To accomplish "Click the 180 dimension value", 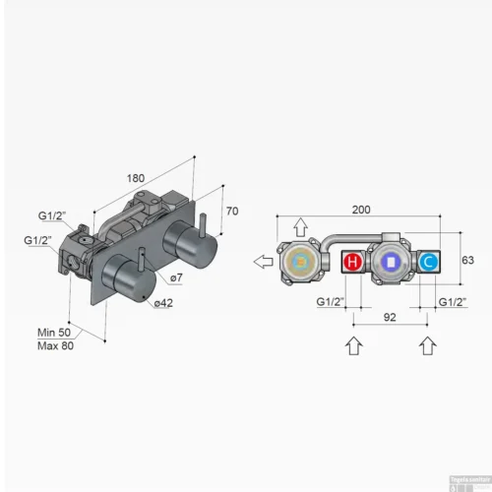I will pos(136,177).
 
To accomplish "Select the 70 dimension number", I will pos(232,211).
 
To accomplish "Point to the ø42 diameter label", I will pos(163,303).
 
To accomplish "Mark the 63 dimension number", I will pos(467,260).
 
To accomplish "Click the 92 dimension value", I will pos(391,318).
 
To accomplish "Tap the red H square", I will pos(351,263).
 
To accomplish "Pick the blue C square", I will pos(428,263).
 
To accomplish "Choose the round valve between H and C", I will pos(390,263).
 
